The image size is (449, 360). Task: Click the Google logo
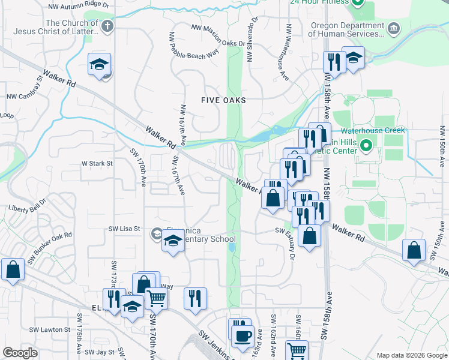click(20, 353)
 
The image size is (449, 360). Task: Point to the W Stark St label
click(97, 163)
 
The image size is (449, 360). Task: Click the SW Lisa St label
click(124, 229)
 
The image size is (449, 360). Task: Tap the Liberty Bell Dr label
click(26, 208)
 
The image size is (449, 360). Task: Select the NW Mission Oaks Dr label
click(218, 35)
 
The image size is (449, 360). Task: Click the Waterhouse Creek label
click(373, 130)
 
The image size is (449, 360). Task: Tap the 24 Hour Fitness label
click(319, 2)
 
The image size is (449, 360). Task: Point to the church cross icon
click(107, 26)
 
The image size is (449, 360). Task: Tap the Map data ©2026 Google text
click(411, 355)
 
